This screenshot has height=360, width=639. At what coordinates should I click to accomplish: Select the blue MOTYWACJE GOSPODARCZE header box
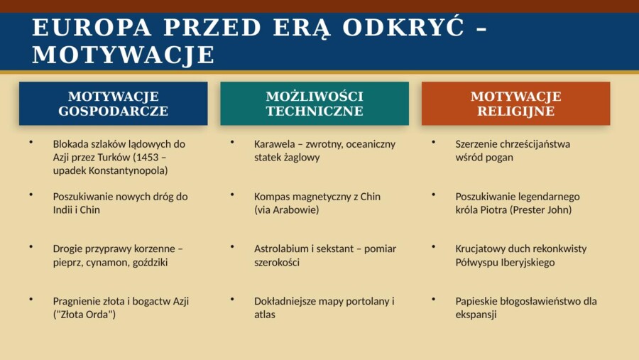[113, 104]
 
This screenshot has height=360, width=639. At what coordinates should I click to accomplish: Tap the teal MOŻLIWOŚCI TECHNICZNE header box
[315, 104]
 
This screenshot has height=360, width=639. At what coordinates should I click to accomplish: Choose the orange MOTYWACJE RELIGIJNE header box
[515, 104]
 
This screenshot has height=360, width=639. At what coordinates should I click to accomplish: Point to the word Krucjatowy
[481, 249]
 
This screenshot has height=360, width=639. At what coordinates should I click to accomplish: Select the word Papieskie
[477, 302]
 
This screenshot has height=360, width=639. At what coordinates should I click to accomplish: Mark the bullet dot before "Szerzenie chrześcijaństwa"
[434, 142]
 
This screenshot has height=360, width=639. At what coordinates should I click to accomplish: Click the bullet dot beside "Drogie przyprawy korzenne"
[31, 247]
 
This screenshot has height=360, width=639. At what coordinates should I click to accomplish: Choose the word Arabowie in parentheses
[297, 210]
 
